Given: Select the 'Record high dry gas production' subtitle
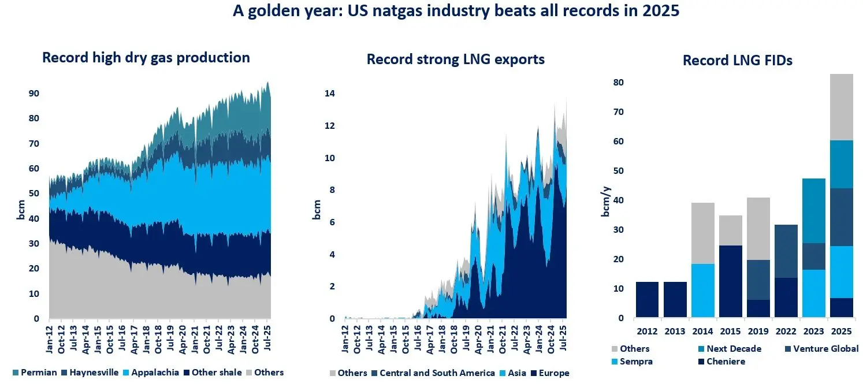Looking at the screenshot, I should coord(146,58).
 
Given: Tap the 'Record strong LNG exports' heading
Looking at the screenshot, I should coord(456,59).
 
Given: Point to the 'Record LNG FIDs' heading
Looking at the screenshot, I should coord(737,61).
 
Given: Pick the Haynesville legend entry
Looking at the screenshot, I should coord(94,373).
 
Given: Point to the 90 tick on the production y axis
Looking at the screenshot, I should coord(34,94).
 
